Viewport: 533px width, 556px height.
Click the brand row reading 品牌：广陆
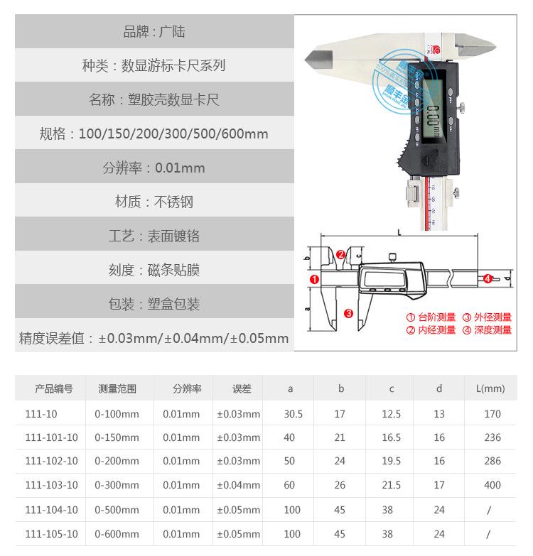pyautogui.click(x=154, y=32)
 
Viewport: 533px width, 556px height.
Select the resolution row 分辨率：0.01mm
pyautogui.click(x=154, y=168)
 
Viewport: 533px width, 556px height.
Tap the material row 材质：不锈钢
pyautogui.click(x=154, y=202)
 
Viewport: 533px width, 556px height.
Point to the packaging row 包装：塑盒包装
pyautogui.click(x=154, y=304)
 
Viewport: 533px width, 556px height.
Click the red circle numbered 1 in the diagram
pyautogui.click(x=314, y=280)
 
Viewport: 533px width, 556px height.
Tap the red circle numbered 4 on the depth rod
pyautogui.click(x=488, y=279)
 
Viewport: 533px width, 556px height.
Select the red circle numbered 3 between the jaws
pyautogui.click(x=348, y=313)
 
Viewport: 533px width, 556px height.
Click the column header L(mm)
pyautogui.click(x=490, y=388)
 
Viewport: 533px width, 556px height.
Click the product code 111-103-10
pyautogui.click(x=51, y=486)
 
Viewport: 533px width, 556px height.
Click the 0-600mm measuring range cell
pyautogui.click(x=117, y=534)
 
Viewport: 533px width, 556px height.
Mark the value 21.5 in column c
pyautogui.click(x=391, y=486)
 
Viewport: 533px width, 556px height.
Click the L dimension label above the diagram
pyautogui.click(x=399, y=231)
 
